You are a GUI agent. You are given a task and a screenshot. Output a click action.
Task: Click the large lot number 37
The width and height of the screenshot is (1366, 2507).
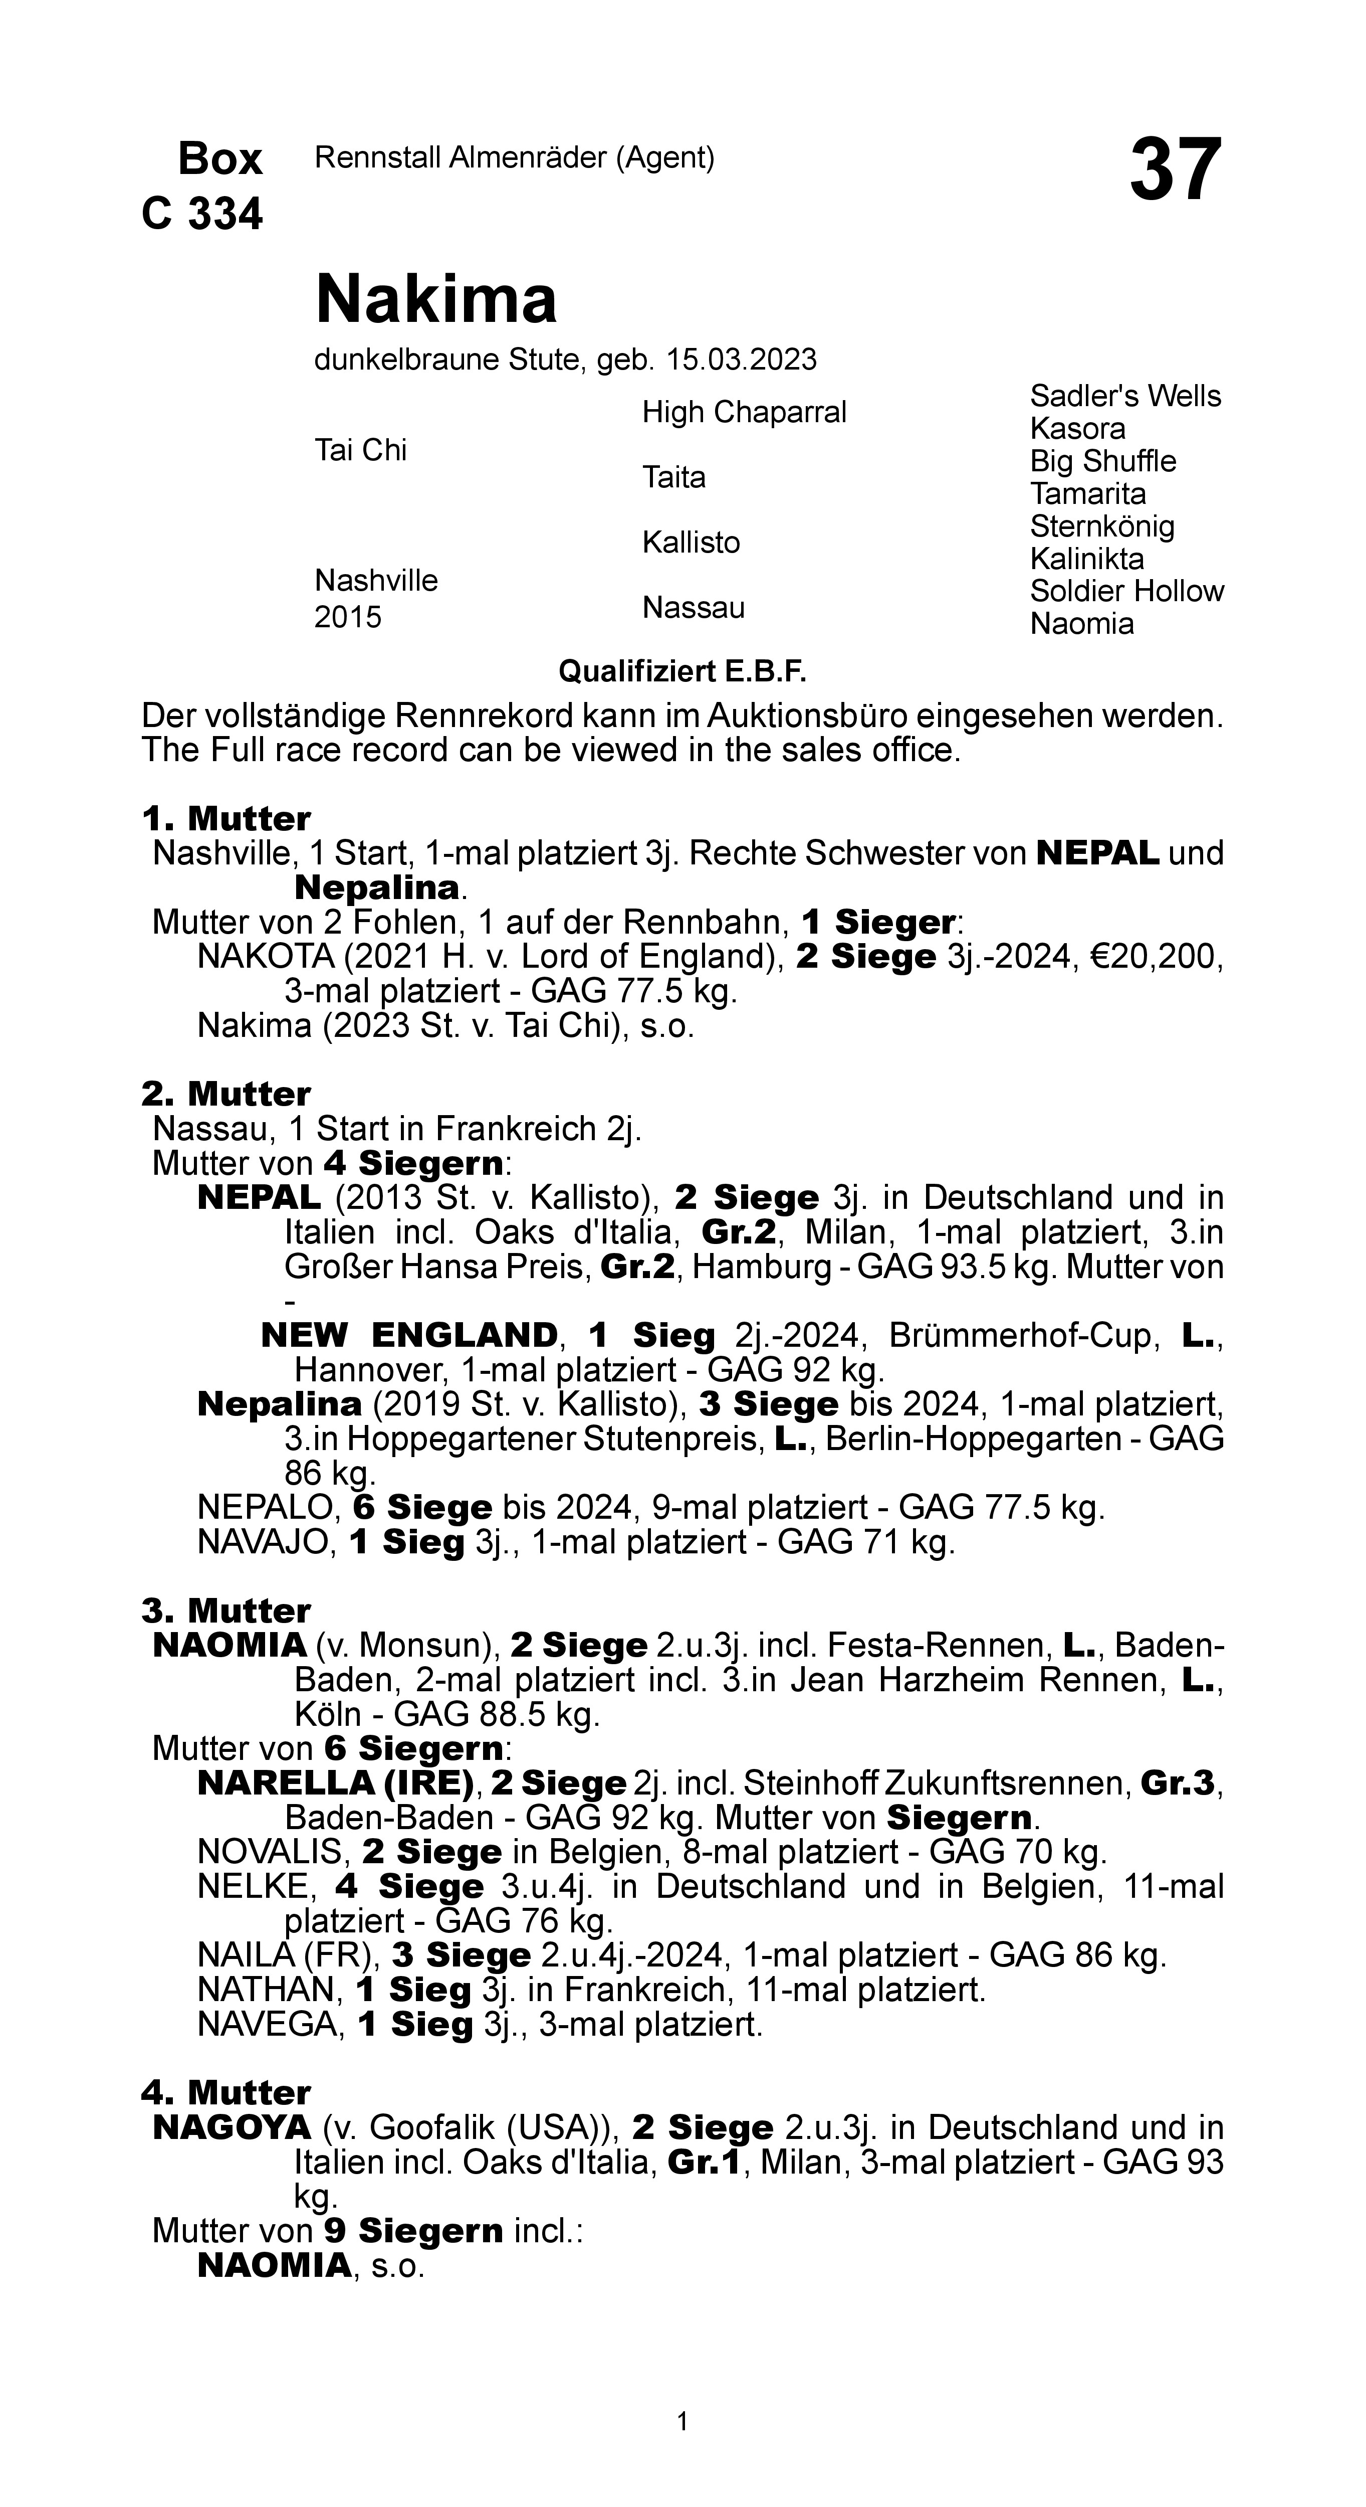click(1175, 170)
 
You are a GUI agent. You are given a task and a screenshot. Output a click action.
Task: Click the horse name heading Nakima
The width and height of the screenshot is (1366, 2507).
click(436, 299)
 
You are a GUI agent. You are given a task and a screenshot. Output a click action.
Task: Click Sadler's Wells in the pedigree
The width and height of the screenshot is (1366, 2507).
click(1124, 396)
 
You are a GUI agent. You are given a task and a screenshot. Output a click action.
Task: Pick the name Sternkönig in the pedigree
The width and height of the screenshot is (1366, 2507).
click(1101, 526)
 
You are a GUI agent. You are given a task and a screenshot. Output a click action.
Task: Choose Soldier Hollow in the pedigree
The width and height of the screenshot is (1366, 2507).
click(1126, 592)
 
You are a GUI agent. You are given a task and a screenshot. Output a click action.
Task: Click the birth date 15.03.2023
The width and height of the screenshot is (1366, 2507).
click(741, 360)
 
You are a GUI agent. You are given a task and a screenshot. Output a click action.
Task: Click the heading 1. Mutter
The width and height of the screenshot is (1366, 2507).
click(225, 818)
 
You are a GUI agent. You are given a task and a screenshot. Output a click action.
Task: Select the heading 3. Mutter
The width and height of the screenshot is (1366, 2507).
click(225, 1610)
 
